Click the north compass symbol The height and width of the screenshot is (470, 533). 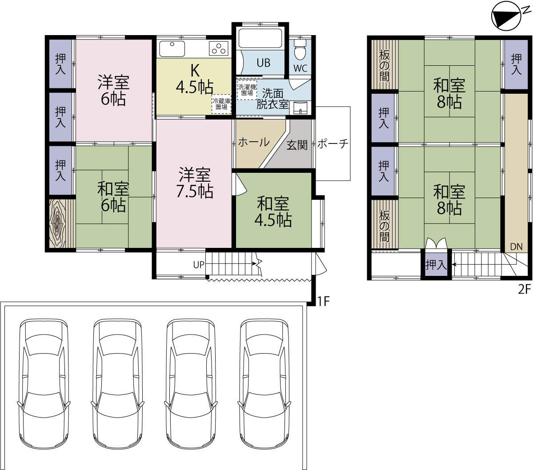(x=506, y=16)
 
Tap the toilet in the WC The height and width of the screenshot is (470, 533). (x=300, y=50)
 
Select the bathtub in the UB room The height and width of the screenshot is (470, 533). (x=260, y=38)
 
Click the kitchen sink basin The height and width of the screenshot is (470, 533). (x=172, y=48)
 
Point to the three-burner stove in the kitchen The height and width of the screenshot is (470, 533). (x=219, y=48)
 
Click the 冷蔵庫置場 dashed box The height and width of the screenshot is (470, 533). (x=221, y=104)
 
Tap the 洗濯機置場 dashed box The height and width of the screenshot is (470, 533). (x=247, y=90)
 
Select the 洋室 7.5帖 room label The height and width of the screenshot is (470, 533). (x=194, y=183)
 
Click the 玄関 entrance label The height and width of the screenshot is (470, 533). (x=297, y=145)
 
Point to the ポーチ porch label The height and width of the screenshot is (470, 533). (x=333, y=143)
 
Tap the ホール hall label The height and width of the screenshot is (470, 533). (x=253, y=142)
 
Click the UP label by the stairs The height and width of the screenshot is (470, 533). (x=199, y=265)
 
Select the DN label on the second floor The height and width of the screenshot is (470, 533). (x=517, y=247)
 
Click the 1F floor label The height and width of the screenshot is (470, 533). (x=324, y=301)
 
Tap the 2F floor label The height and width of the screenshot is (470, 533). (x=524, y=289)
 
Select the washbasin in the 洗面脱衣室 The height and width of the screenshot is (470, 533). (x=300, y=108)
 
